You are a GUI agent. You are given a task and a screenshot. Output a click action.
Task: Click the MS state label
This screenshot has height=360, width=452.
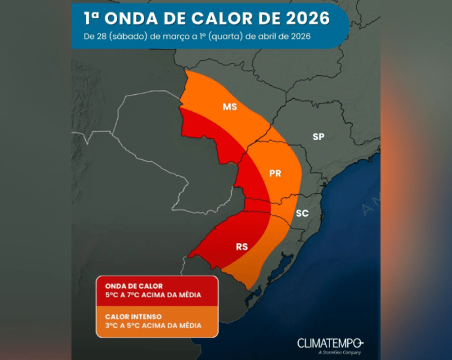[229, 107]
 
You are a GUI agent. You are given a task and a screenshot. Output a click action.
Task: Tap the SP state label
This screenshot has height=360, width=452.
[318, 137]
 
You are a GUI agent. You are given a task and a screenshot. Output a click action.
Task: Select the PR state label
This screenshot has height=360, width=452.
[275, 173]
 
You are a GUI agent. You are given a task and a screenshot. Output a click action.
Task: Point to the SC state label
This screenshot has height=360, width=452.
[302, 213]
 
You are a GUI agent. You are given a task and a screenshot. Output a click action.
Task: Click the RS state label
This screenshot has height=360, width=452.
[242, 247]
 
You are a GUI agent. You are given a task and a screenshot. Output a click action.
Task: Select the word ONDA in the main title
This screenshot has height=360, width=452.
[132, 17]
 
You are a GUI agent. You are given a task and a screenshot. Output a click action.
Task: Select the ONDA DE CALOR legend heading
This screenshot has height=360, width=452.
[134, 286]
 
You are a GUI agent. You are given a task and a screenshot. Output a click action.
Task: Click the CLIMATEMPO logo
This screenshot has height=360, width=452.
[330, 343]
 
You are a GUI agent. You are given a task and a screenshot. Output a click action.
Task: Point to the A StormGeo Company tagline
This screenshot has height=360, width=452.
[339, 353]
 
